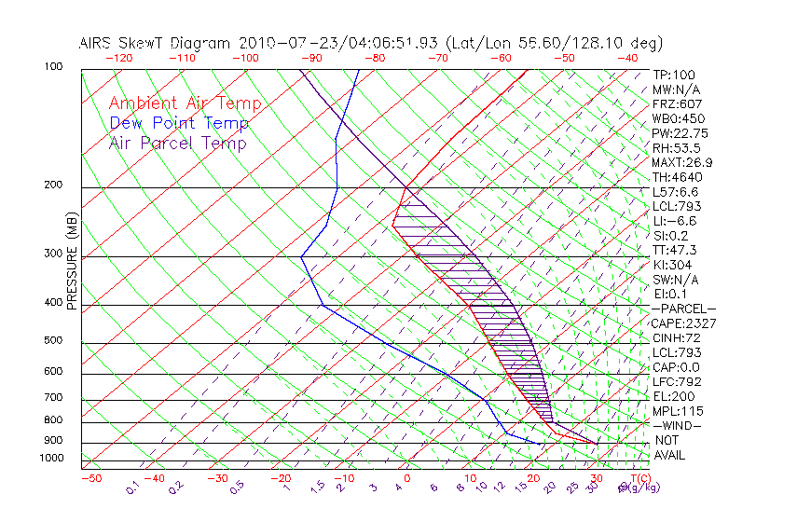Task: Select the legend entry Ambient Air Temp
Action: click(185, 103)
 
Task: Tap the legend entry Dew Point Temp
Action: click(178, 123)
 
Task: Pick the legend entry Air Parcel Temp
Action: click(177, 143)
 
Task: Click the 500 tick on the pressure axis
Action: click(52, 341)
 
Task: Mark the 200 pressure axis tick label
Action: click(52, 185)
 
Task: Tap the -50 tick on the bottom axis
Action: click(90, 478)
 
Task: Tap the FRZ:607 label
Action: click(677, 103)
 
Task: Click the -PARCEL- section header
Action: click(683, 309)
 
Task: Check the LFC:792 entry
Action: click(677, 381)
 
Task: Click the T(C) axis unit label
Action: click(639, 478)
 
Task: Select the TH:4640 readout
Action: click(677, 177)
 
